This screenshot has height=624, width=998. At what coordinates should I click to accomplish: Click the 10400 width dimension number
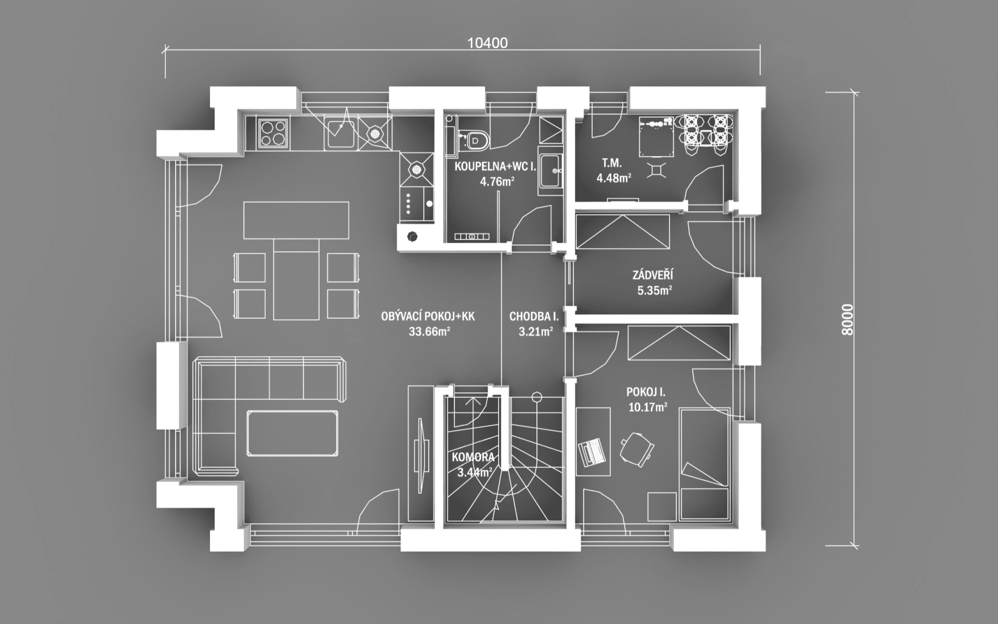(x=487, y=43)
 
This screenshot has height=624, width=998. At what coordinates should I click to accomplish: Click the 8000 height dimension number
(x=847, y=319)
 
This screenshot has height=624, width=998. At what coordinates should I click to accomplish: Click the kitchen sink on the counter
(x=340, y=132)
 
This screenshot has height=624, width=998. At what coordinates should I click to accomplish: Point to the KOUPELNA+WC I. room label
(x=495, y=167)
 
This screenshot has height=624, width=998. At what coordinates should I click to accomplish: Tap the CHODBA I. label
(x=534, y=316)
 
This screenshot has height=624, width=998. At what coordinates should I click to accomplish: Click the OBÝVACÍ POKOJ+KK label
(x=428, y=316)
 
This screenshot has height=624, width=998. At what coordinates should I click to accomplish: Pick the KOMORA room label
(x=472, y=458)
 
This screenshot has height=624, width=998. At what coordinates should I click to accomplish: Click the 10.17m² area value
(x=648, y=407)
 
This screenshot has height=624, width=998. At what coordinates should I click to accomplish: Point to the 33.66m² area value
(x=429, y=331)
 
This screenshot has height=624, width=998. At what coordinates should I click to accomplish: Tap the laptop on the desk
(x=592, y=451)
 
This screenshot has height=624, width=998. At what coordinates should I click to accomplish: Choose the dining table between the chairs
(x=296, y=279)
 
